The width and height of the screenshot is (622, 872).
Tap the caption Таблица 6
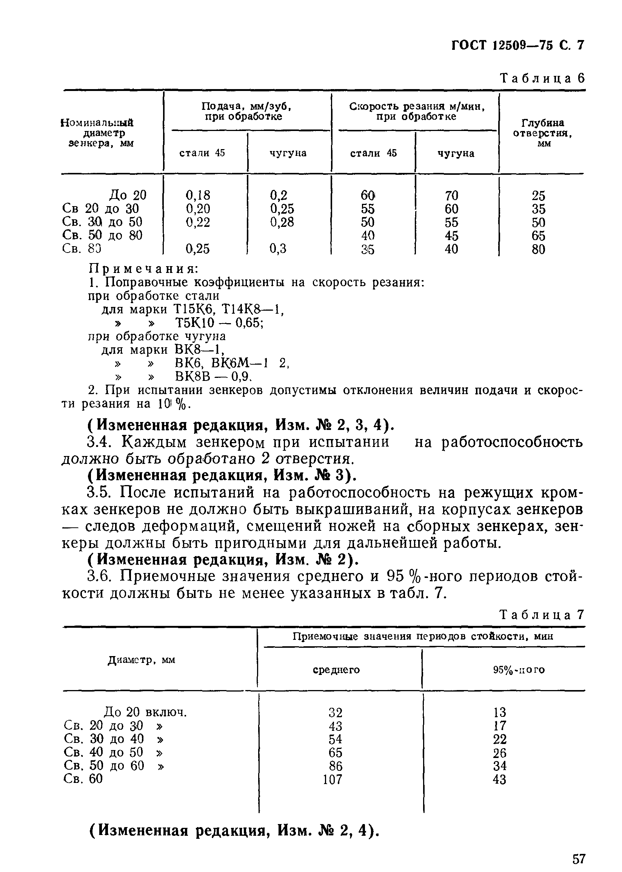click(x=542, y=79)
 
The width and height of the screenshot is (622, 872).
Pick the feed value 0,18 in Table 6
click(x=198, y=195)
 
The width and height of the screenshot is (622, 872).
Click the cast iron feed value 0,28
click(x=282, y=222)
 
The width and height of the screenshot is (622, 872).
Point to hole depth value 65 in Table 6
click(x=538, y=236)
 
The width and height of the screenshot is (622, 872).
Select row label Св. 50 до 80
click(x=102, y=235)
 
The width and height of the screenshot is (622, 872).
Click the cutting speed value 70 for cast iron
click(x=451, y=196)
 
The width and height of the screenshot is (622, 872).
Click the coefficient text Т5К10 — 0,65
click(x=219, y=323)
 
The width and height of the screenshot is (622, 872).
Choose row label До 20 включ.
click(x=146, y=712)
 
